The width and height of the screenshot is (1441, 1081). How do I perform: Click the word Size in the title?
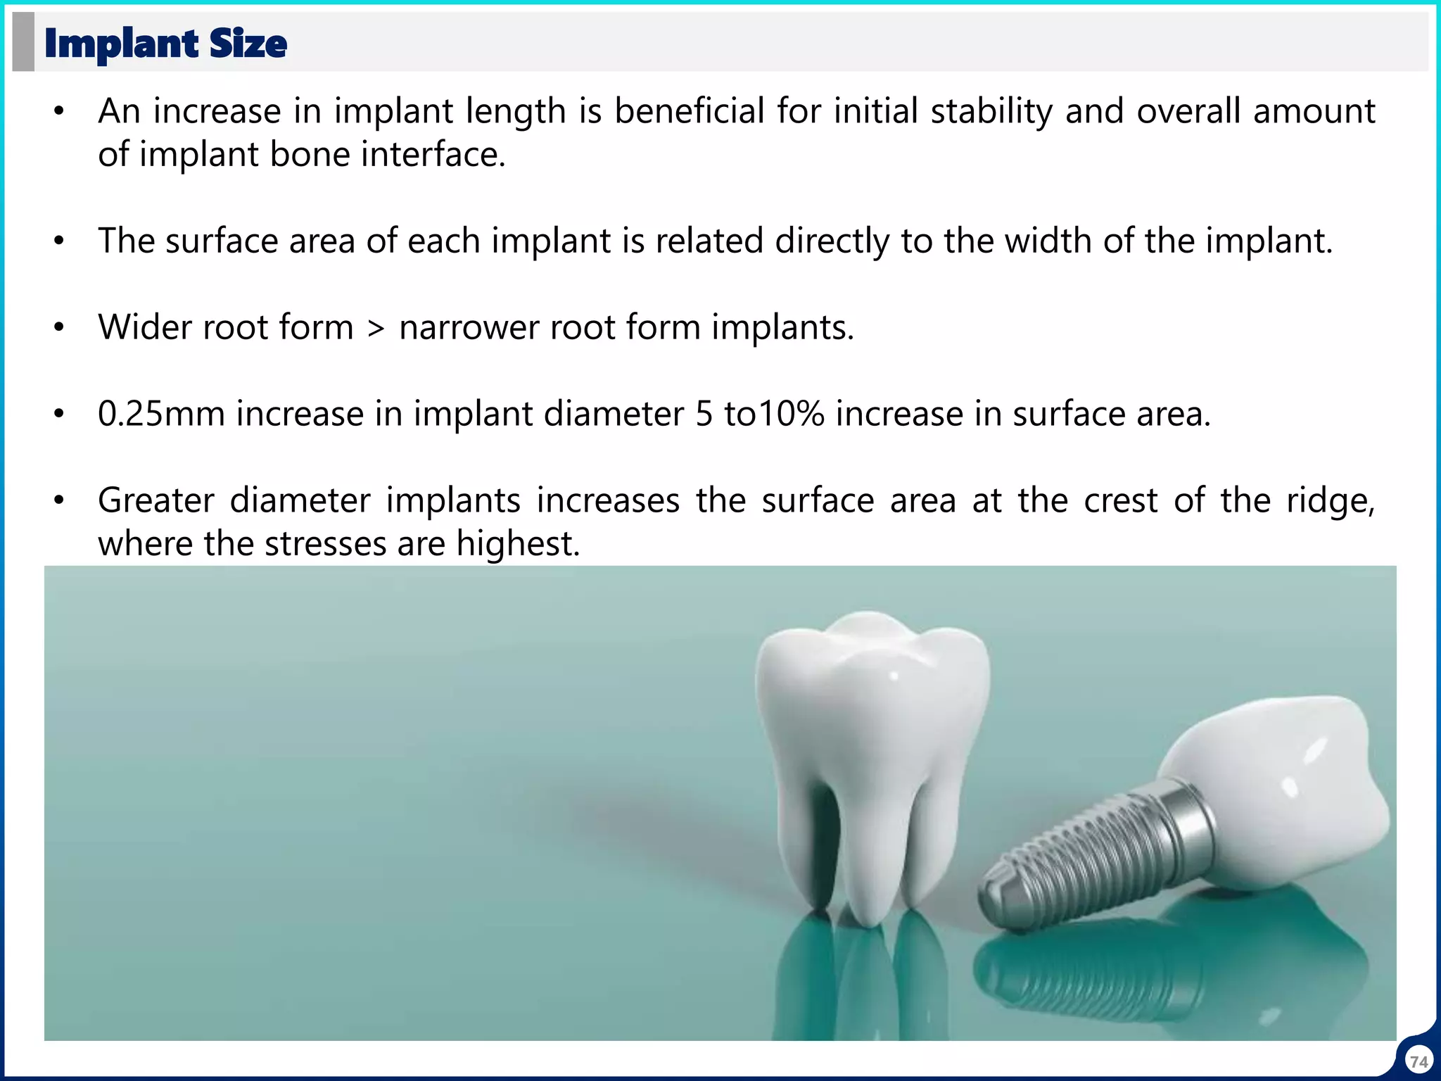(x=248, y=44)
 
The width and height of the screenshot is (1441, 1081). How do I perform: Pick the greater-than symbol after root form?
(x=376, y=328)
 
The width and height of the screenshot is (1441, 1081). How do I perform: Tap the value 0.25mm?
(x=161, y=414)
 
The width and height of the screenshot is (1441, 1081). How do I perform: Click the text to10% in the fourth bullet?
(x=774, y=414)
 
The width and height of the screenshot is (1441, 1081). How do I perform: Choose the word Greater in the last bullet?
(x=155, y=501)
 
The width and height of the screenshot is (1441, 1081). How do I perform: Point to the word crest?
(x=1120, y=501)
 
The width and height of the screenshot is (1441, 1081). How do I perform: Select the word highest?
(x=518, y=544)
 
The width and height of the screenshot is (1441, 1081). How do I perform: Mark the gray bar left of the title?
(x=23, y=42)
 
